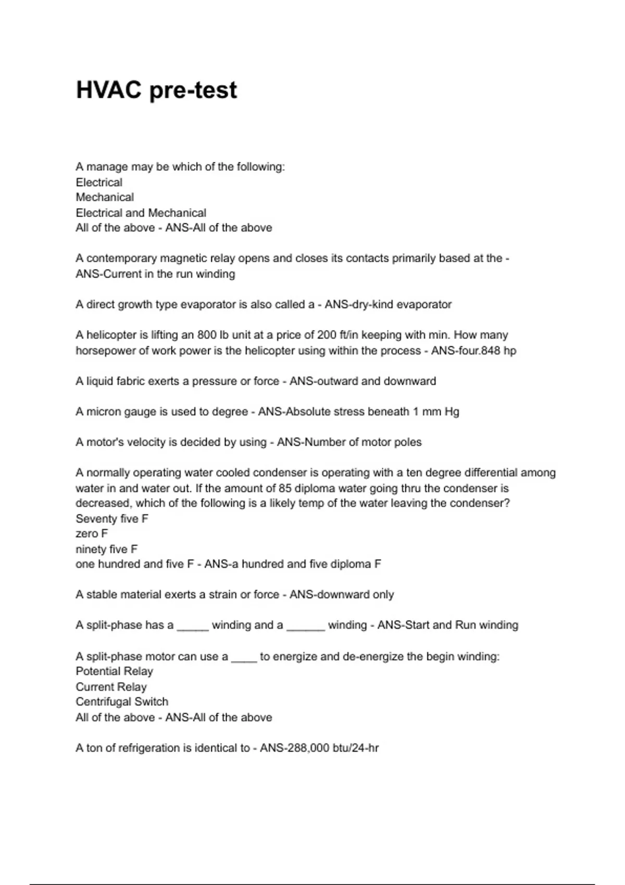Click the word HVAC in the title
click(x=108, y=90)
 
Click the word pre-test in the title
click(x=193, y=90)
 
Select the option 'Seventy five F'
click(x=112, y=519)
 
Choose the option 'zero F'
click(x=92, y=534)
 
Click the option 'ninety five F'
click(x=107, y=549)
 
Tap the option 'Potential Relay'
click(x=115, y=671)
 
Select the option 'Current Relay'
click(x=111, y=687)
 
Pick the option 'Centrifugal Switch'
click(x=122, y=702)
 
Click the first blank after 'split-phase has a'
click(x=193, y=627)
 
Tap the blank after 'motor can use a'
click(x=244, y=658)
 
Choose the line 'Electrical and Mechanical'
click(x=141, y=212)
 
